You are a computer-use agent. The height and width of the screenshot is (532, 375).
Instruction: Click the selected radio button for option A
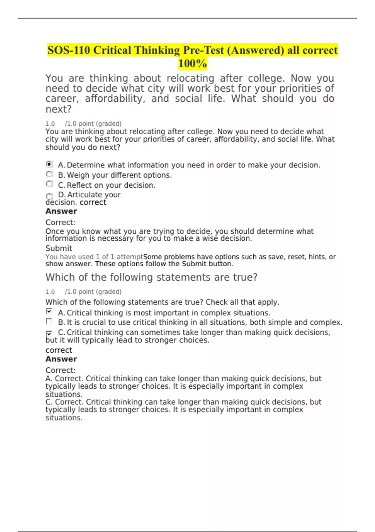click(49, 164)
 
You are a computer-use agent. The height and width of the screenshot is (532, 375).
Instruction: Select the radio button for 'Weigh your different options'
click(49, 174)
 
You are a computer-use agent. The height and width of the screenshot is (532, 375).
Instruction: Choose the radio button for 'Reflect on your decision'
click(49, 184)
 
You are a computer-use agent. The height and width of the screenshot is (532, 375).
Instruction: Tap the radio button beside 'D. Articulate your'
click(49, 196)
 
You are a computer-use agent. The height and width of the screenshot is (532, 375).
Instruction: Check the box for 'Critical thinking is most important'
click(49, 311)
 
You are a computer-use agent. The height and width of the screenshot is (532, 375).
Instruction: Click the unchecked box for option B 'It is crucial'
click(49, 321)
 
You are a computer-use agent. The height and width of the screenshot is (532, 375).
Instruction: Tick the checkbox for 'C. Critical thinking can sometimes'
click(49, 334)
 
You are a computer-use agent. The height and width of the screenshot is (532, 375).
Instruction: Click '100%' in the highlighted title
click(192, 64)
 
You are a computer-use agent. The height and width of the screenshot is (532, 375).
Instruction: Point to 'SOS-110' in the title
click(68, 50)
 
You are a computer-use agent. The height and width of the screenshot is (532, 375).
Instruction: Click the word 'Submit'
click(59, 248)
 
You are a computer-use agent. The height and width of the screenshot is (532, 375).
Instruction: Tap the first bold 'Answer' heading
click(61, 211)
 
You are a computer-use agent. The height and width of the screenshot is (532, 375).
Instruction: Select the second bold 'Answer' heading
click(61, 359)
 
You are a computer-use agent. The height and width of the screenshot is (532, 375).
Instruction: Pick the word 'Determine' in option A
click(86, 165)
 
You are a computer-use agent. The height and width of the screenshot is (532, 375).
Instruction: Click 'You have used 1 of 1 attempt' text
click(94, 257)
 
